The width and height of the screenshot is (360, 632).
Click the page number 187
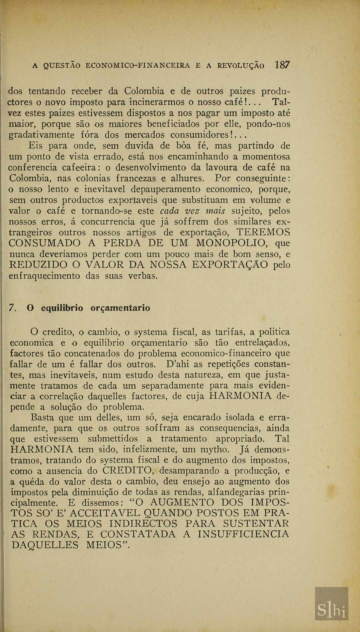coord(283,65)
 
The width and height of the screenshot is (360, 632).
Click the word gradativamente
coord(41,135)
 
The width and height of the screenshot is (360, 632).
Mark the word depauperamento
coord(165,189)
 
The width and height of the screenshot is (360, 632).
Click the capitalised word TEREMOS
coord(263,232)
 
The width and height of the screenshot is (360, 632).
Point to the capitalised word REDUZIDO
coord(38,265)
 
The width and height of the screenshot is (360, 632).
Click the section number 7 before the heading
coord(13,308)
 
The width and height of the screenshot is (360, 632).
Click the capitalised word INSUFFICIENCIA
coord(243,535)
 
